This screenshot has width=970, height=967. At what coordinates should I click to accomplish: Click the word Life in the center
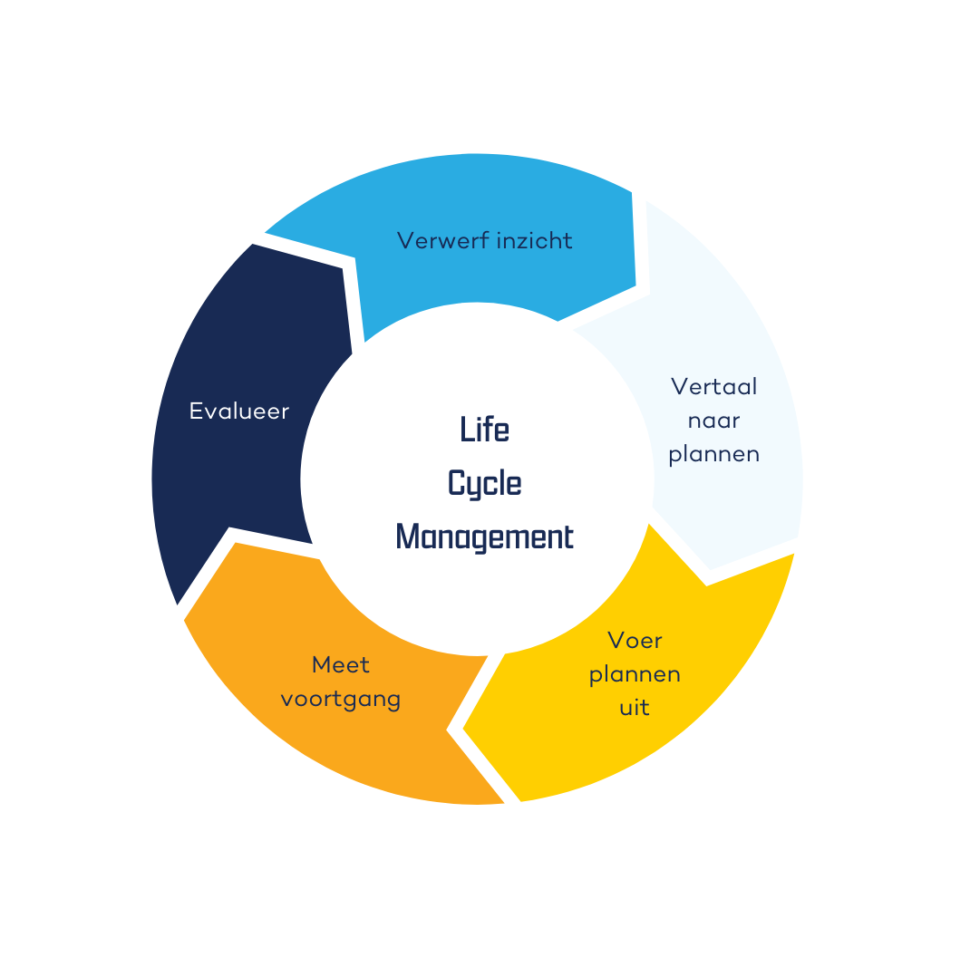(484, 430)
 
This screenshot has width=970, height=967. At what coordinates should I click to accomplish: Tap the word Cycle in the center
(484, 483)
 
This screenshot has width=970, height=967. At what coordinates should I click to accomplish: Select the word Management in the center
(484, 537)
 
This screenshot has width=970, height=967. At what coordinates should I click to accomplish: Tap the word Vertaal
(713, 387)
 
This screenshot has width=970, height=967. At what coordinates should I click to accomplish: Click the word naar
(713, 421)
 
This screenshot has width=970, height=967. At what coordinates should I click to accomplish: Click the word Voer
(635, 641)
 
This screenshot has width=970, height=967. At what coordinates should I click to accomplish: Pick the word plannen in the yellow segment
(635, 674)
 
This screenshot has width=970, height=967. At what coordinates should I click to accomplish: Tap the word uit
(635, 708)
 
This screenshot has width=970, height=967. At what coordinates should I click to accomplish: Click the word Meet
(340, 665)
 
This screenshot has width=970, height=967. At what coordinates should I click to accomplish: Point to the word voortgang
(340, 700)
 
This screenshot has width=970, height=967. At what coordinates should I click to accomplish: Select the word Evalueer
(238, 411)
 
